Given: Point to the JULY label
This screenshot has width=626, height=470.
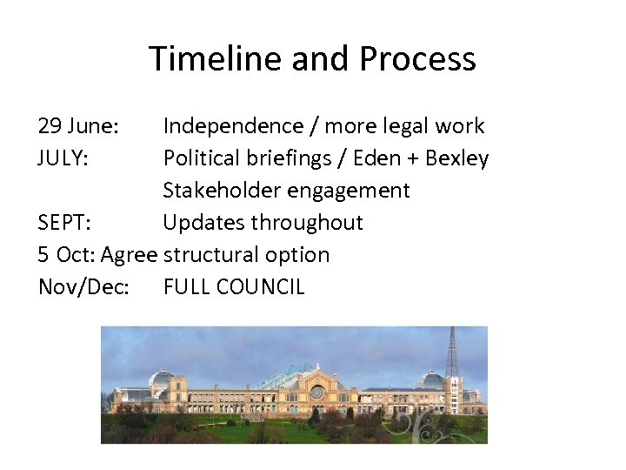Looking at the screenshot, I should tap(63, 158).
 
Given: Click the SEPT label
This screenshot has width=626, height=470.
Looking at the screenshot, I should tap(63, 223).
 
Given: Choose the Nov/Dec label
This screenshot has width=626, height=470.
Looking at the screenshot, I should tap(83, 287).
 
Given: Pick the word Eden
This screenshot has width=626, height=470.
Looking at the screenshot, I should tap(390, 158).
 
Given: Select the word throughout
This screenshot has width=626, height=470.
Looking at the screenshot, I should tap(307, 223).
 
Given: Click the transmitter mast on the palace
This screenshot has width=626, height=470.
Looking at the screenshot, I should tap(451, 357).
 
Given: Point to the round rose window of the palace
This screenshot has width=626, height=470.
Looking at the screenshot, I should tap(317, 393).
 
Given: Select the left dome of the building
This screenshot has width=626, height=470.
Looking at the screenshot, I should tap(161, 379).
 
